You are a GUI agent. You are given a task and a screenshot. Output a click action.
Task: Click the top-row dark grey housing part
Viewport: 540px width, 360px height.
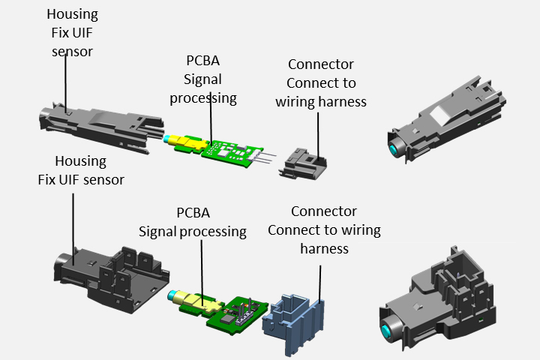105,124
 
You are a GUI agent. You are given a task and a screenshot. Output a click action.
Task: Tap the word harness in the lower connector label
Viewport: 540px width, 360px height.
324,247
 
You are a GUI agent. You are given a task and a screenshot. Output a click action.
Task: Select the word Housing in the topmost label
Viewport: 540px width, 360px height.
72,14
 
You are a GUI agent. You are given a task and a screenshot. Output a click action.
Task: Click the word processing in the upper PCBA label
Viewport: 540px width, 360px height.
203,97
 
